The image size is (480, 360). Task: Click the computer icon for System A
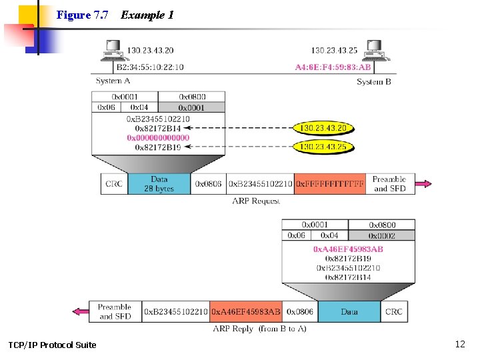[113, 49]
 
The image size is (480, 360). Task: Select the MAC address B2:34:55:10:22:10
[150, 67]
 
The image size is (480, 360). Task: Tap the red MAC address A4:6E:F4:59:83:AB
[333, 67]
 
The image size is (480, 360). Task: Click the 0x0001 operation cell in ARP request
[192, 107]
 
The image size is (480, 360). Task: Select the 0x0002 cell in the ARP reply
[381, 235]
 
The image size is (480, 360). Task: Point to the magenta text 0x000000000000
[158, 137]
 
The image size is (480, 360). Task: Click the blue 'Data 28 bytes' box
[159, 184]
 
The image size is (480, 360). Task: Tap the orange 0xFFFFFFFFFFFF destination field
[331, 184]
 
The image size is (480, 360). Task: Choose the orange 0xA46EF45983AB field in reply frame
[246, 312]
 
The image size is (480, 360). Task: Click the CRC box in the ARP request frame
[114, 184]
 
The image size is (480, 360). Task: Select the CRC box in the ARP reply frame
[394, 312]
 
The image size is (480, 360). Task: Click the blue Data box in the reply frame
[349, 312]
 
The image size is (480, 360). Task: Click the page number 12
[459, 344]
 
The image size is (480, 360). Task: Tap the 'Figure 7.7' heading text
[82, 15]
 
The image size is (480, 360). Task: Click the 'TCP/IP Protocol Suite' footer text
[52, 345]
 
